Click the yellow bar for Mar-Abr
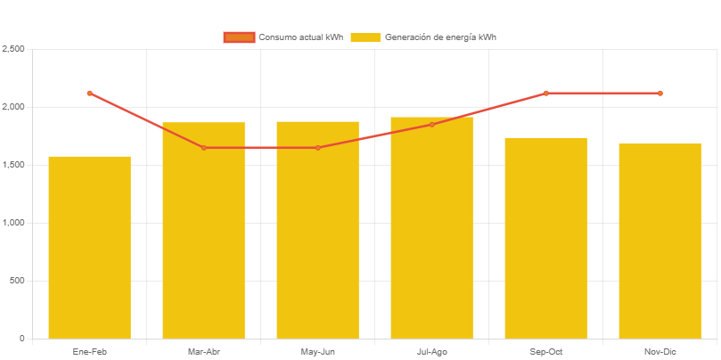click(x=203, y=231)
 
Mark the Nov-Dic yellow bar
click(x=660, y=241)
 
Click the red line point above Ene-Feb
click(x=89, y=93)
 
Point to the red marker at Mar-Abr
click(x=203, y=148)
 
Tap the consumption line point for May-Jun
click(x=317, y=148)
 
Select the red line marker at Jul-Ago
click(x=431, y=125)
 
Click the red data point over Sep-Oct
click(x=545, y=93)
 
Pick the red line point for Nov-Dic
click(x=660, y=93)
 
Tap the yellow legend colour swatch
click(x=365, y=37)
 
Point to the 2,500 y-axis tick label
click(x=12, y=48)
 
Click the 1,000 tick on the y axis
click(x=12, y=223)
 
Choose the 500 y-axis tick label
click(x=16, y=281)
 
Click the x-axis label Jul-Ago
click(x=431, y=352)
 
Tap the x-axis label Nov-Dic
click(x=660, y=352)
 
